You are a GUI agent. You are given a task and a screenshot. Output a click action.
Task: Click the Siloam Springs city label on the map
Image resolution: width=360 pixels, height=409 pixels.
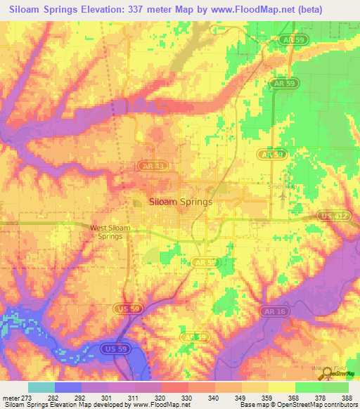pos(181,202)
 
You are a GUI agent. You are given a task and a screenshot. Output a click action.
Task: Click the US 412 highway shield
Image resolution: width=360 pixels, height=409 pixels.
pos(333,215)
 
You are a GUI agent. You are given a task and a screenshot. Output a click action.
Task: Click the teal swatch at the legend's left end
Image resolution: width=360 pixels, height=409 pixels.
pos(41,387)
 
